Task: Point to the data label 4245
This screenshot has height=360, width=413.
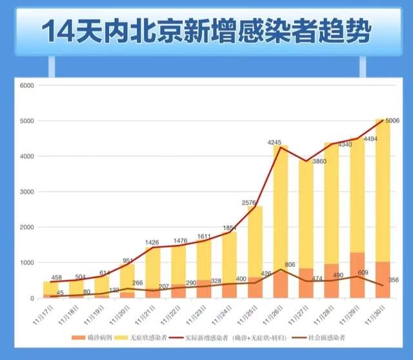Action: point(276,142)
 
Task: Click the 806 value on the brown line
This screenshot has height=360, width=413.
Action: point(290,264)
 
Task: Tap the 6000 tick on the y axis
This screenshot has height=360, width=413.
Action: point(27,85)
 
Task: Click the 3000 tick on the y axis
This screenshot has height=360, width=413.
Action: point(27,192)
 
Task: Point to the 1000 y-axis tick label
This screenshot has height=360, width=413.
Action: point(27,263)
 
